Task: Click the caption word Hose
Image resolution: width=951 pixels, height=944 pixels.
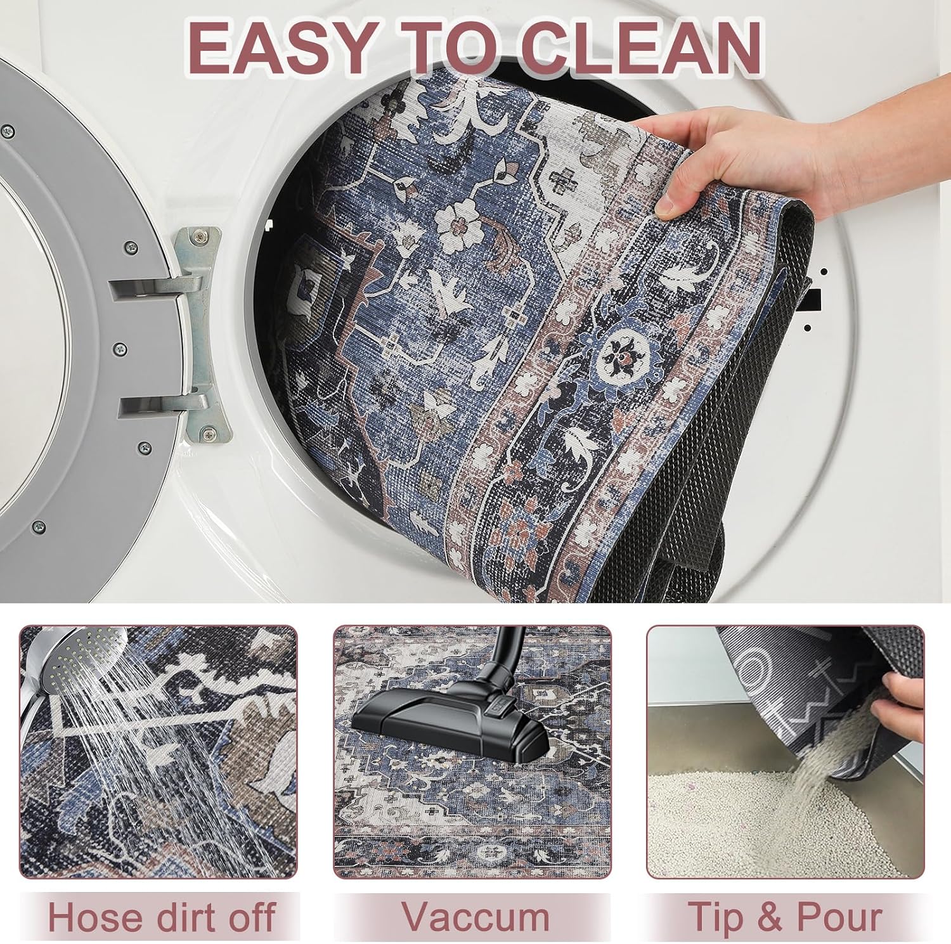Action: point(91,917)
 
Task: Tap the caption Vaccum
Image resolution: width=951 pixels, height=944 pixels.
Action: point(475,917)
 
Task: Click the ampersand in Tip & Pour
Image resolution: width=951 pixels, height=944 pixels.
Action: point(768,917)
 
